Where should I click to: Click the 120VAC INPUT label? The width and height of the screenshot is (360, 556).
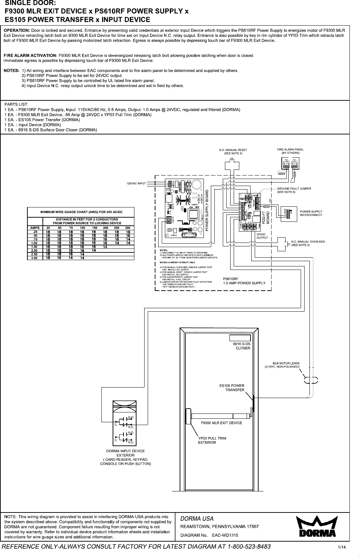pos(136,183)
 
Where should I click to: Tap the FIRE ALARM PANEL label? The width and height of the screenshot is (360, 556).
pos(290,151)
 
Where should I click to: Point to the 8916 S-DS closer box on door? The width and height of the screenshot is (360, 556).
pos(240,338)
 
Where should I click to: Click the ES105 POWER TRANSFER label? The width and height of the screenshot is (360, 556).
pos(232,388)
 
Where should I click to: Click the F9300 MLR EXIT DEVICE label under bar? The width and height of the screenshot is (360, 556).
pos(221,423)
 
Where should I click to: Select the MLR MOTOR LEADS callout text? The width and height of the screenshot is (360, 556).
pos(282,365)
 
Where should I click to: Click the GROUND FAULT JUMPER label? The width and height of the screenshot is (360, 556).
pos(294,190)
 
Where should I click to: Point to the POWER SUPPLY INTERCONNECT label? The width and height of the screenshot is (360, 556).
pos(311,213)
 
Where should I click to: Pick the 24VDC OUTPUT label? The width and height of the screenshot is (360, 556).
pos(262,236)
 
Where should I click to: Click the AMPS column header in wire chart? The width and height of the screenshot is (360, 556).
pos(35,228)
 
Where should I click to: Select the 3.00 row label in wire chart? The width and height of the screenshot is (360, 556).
pos(34,258)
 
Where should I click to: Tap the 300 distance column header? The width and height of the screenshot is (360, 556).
pos(128,228)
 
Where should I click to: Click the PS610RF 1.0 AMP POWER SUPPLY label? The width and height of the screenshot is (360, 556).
pos(244,281)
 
